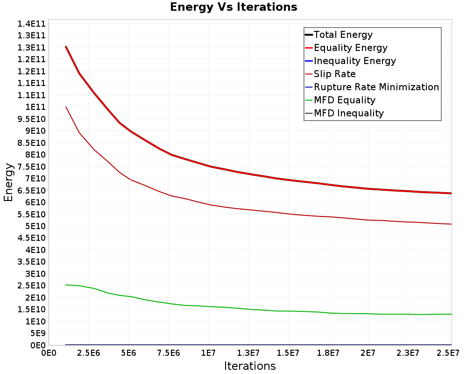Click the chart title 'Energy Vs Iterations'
pyautogui.click(x=233, y=7)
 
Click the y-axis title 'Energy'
pyautogui.click(x=8, y=182)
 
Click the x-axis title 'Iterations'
pyautogui.click(x=250, y=366)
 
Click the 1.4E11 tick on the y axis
pyautogui.click(x=31, y=24)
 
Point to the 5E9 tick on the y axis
pyautogui.click(x=37, y=333)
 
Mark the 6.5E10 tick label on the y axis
pyautogui.click(x=31, y=191)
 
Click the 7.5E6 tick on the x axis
pyautogui.click(x=168, y=353)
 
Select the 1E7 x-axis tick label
pyautogui.click(x=208, y=353)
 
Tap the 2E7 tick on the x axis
pyautogui.click(x=368, y=353)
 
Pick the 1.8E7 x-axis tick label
pyautogui.click(x=328, y=353)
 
